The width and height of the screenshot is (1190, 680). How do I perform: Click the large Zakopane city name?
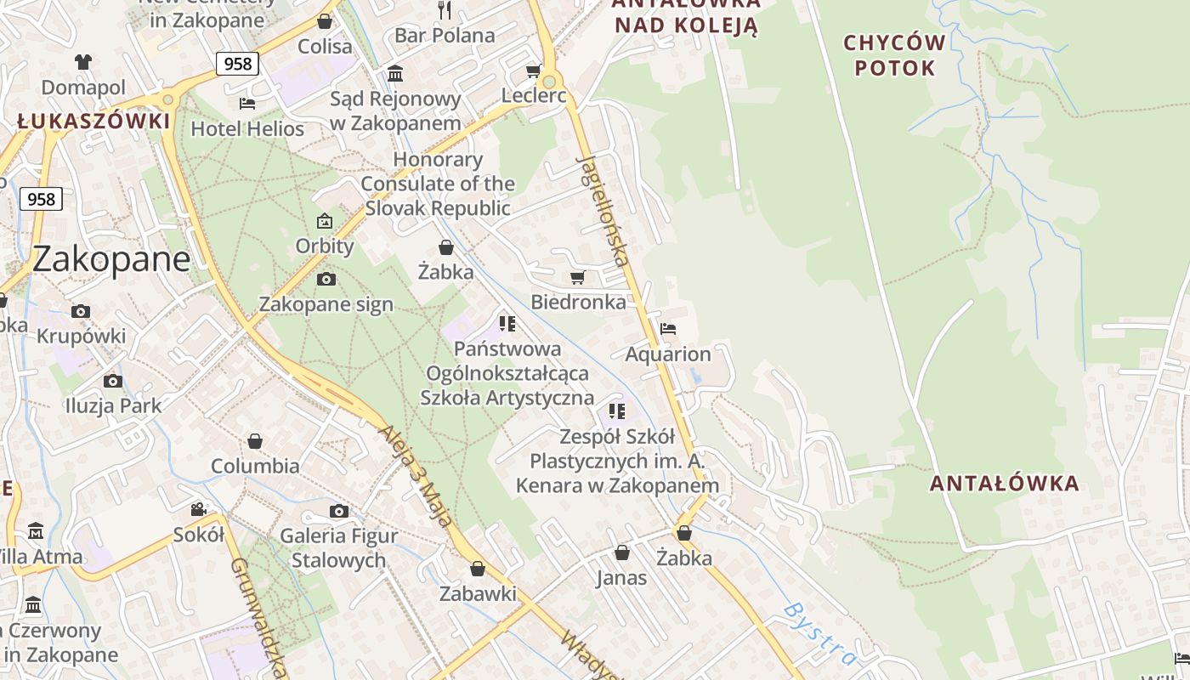tap(111, 258)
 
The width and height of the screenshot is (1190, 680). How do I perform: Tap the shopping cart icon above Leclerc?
tap(533, 71)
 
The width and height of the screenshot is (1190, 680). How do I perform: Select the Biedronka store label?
tap(578, 302)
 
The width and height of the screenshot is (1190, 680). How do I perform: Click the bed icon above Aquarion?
tap(668, 329)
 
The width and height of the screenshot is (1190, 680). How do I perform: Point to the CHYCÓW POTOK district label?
tap(894, 55)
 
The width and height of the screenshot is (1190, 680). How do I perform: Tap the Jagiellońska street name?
tap(603, 210)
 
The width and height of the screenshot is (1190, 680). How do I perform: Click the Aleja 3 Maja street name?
tap(414, 475)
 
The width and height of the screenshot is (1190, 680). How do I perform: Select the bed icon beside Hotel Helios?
tap(247, 104)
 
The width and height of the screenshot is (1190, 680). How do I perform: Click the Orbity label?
tap(324, 246)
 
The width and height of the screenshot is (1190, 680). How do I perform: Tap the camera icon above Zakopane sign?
tap(326, 280)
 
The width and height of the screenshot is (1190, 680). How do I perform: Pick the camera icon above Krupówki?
tap(81, 312)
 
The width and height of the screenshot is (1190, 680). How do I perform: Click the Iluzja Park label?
tap(113, 405)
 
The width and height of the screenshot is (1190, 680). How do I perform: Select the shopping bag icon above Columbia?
tap(254, 441)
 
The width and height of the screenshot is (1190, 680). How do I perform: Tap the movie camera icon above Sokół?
tap(198, 509)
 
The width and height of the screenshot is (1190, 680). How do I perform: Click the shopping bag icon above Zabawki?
tap(478, 569)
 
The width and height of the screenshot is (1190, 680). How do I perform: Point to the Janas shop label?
tap(621, 578)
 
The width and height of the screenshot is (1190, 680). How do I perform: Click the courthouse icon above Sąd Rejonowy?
tap(395, 74)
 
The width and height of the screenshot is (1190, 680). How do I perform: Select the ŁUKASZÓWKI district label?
tap(93, 122)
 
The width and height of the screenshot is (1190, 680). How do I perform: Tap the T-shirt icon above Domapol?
tap(83, 62)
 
